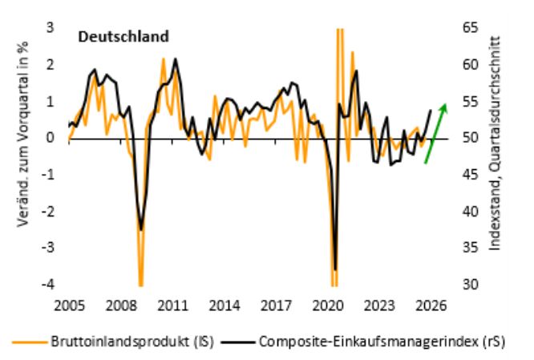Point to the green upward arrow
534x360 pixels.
pos(435,133)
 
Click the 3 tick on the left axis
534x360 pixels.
pos(50,28)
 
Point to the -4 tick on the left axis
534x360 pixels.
pos(48,285)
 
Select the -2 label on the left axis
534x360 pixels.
pos(48,212)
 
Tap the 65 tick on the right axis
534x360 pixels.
pos(471,28)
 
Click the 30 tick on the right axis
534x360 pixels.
pos(471,285)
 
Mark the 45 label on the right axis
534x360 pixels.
pos(471,175)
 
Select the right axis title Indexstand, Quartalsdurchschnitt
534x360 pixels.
pos(494,144)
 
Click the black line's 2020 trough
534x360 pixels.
pos(335,269)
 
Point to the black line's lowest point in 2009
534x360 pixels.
pos(141,229)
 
